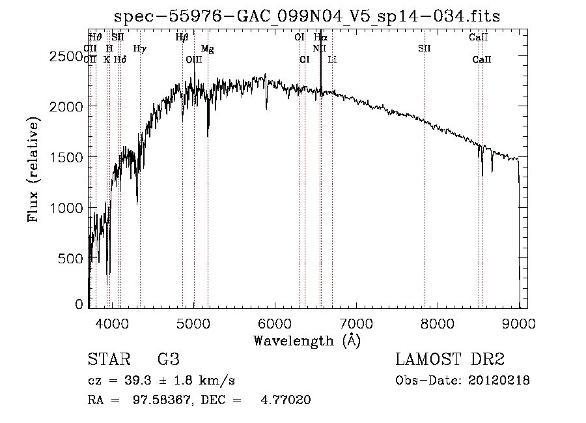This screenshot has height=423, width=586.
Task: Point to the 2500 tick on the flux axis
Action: (x=68, y=57)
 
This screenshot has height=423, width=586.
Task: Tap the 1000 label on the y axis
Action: (x=68, y=207)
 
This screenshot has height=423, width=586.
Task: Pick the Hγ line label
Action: (x=139, y=48)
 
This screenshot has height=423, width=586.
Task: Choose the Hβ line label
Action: (x=182, y=38)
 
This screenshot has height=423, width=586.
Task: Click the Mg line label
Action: (x=207, y=49)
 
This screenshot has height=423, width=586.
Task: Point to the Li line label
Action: (x=332, y=59)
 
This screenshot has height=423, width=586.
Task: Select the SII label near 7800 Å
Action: (x=425, y=48)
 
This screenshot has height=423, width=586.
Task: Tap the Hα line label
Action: (x=320, y=38)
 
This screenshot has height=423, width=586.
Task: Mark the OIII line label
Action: (x=194, y=59)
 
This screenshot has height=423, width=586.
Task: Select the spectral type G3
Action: (x=168, y=360)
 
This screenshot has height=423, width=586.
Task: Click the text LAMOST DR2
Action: (x=450, y=360)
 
